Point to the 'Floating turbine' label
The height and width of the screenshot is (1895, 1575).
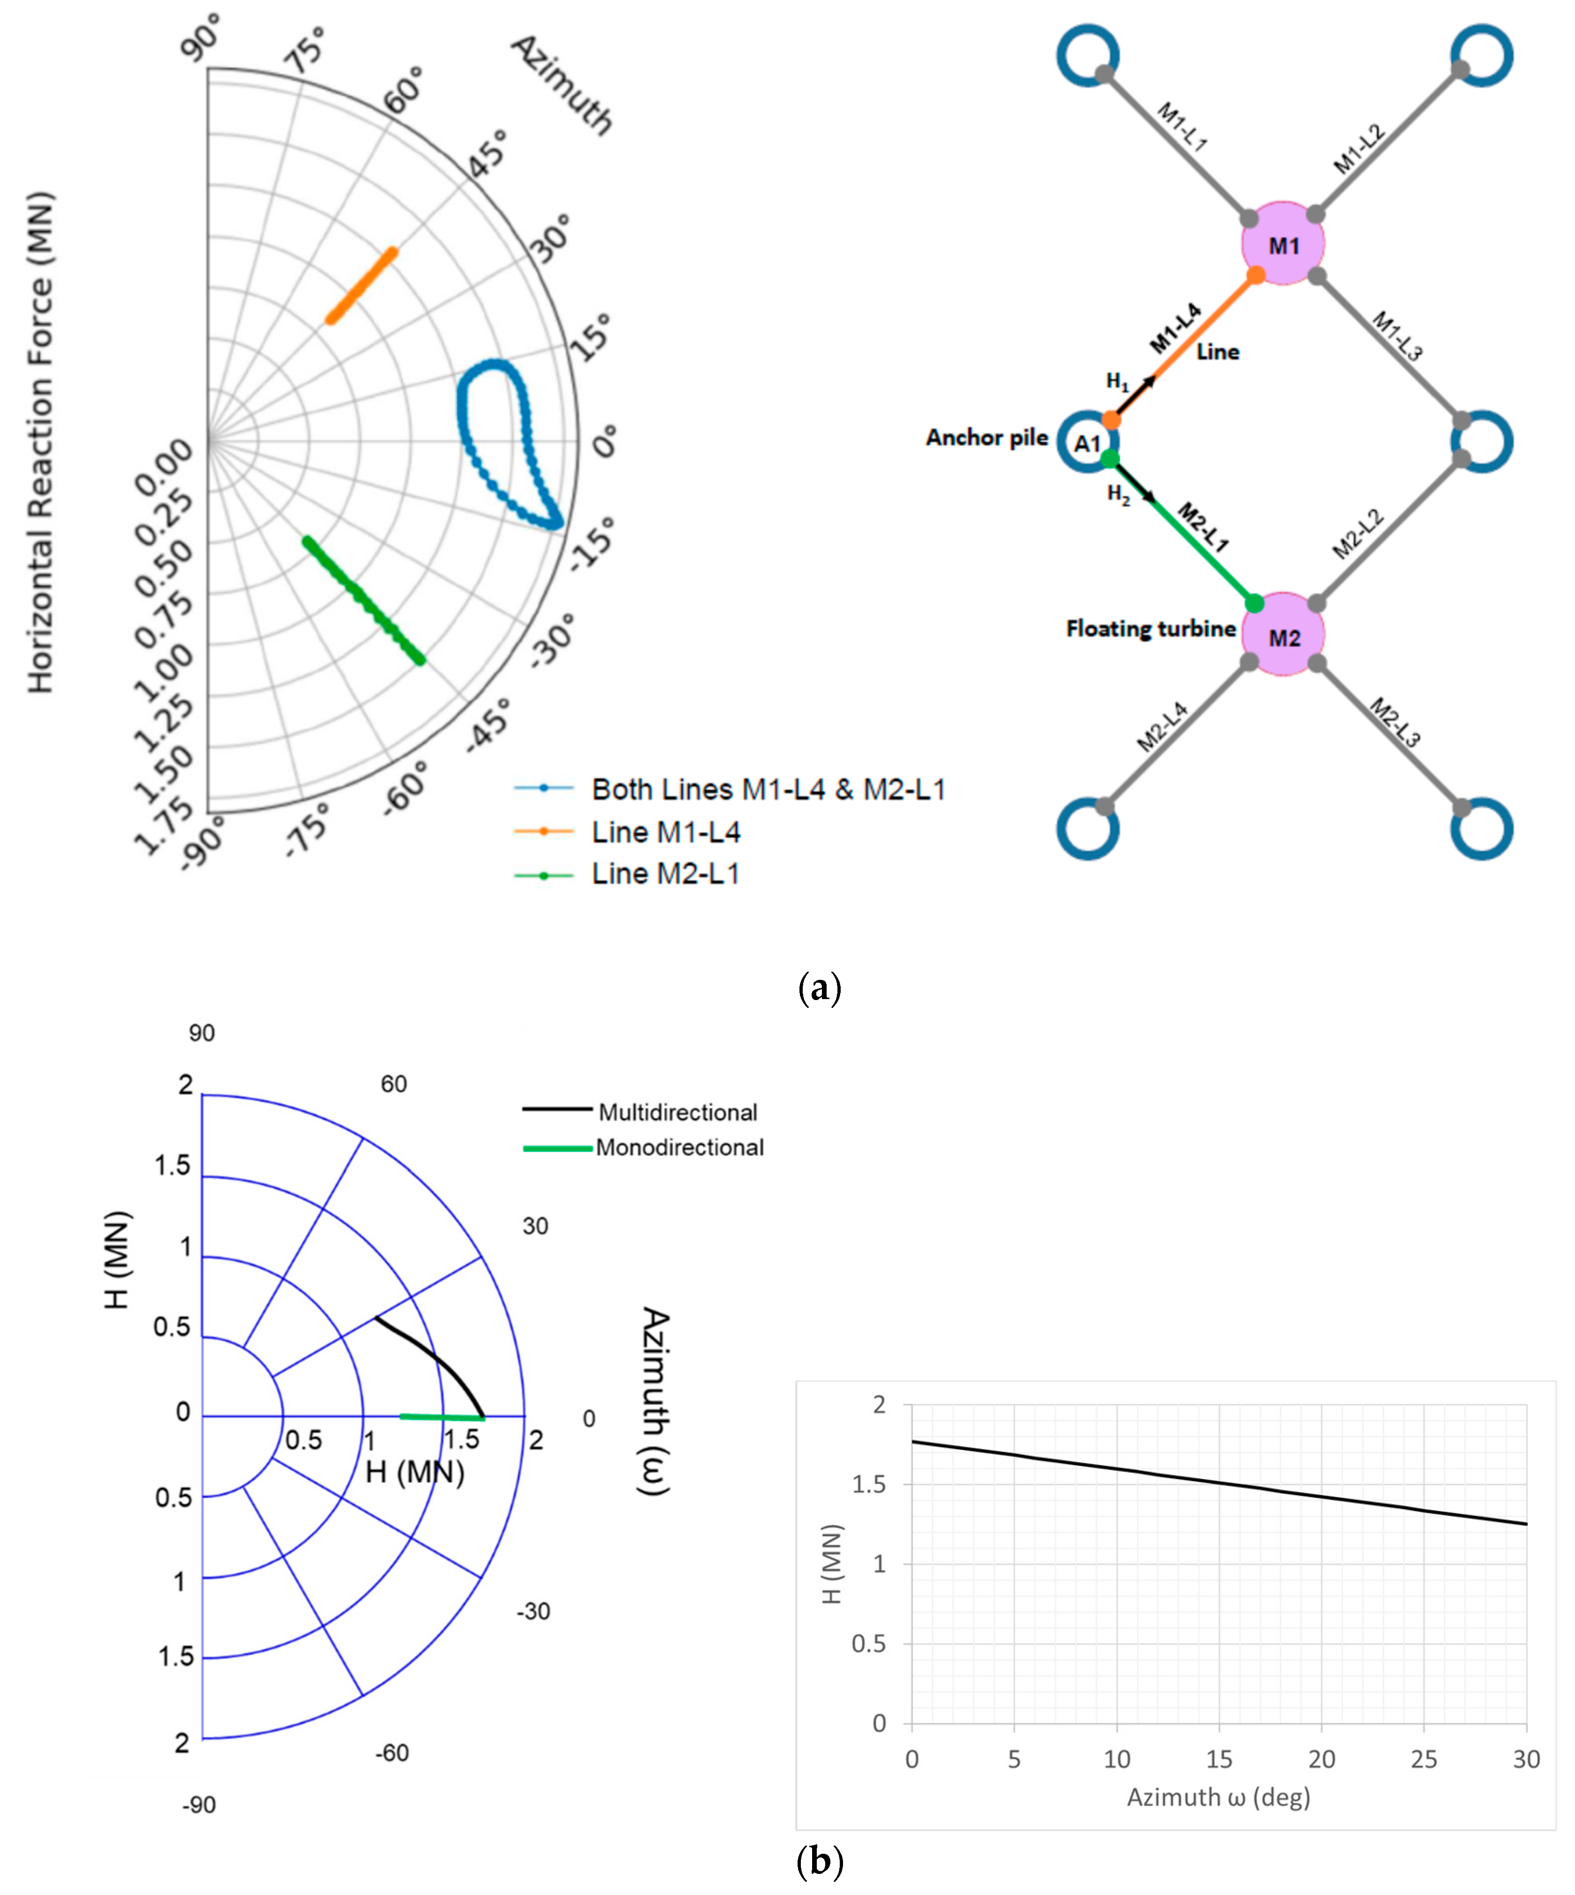tap(1150, 629)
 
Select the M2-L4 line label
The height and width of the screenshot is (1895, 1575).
tap(1162, 726)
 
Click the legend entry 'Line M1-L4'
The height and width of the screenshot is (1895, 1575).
tap(666, 832)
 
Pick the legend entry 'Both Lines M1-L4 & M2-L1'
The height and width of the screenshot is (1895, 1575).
tap(768, 790)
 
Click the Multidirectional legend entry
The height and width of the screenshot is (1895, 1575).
tap(678, 1113)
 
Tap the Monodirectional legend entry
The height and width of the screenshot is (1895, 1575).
tap(679, 1148)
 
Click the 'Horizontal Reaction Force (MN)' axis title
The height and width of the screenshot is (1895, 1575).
tap(41, 442)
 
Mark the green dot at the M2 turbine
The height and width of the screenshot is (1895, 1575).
tap(1254, 603)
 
